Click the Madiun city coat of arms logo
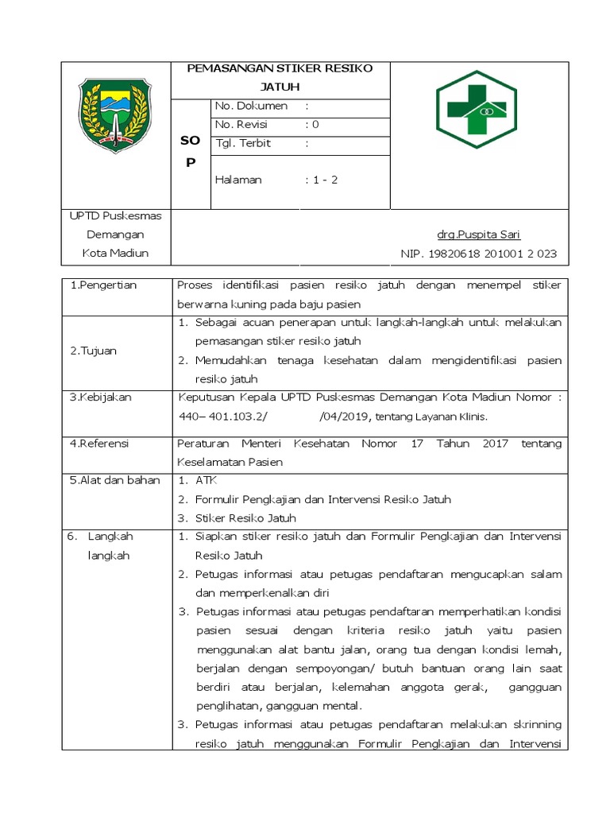point(117,116)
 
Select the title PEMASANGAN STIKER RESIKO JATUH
point(279,77)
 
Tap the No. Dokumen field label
point(250,106)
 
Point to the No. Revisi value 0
point(315,125)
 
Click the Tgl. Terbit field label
point(243,144)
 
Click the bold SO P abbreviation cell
point(191,151)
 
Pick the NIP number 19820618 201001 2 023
point(478,254)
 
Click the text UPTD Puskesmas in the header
point(116,216)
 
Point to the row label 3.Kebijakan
point(99,397)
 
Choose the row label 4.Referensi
point(99,443)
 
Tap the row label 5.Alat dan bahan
point(114,480)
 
